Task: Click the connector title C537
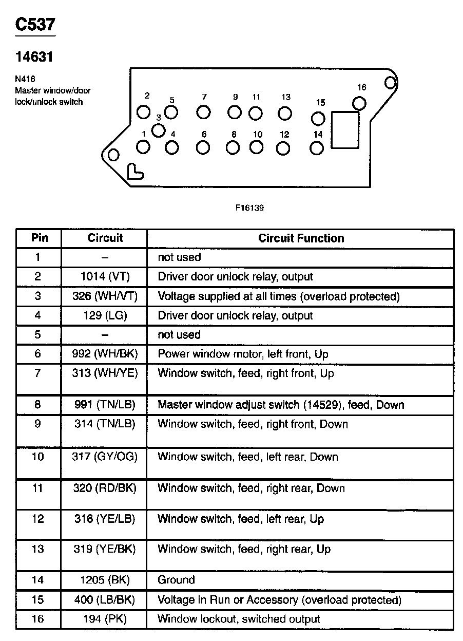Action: click(35, 24)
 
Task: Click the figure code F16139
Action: click(249, 208)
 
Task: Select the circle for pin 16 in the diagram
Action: click(360, 104)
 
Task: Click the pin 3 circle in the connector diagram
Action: click(159, 130)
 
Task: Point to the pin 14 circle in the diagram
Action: click(318, 148)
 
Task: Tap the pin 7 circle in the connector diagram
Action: click(204, 112)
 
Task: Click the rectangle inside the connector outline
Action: click(345, 130)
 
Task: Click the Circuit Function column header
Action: click(301, 238)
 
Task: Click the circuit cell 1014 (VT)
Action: click(105, 277)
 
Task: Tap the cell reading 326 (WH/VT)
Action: click(105, 296)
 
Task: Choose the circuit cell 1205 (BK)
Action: click(105, 580)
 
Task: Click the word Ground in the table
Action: click(176, 580)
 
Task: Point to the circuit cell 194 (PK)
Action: click(105, 619)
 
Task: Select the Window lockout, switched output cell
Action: click(239, 619)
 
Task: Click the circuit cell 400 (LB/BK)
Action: click(105, 600)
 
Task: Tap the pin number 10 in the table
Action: click(38, 457)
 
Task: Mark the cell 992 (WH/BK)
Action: click(105, 354)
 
